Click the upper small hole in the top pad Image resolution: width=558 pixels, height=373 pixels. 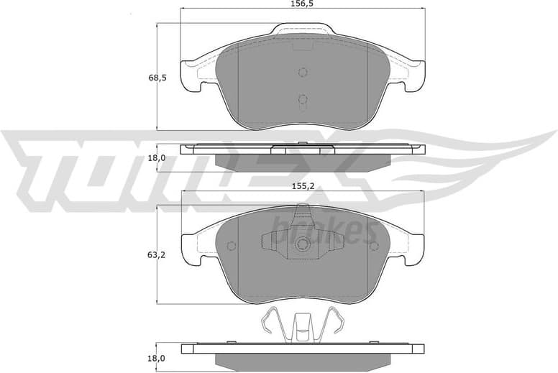302,72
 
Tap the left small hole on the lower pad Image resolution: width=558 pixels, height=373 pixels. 232,246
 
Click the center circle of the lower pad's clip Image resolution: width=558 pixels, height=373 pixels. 302,244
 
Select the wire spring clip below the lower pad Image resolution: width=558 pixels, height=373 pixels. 302,326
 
